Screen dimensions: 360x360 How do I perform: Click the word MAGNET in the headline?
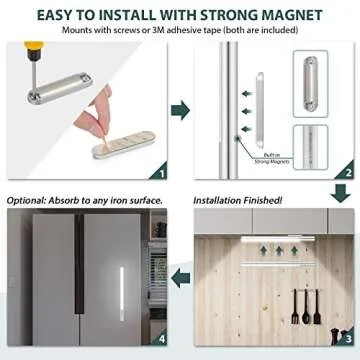296,14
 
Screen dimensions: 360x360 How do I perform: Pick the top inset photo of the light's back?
310,83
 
